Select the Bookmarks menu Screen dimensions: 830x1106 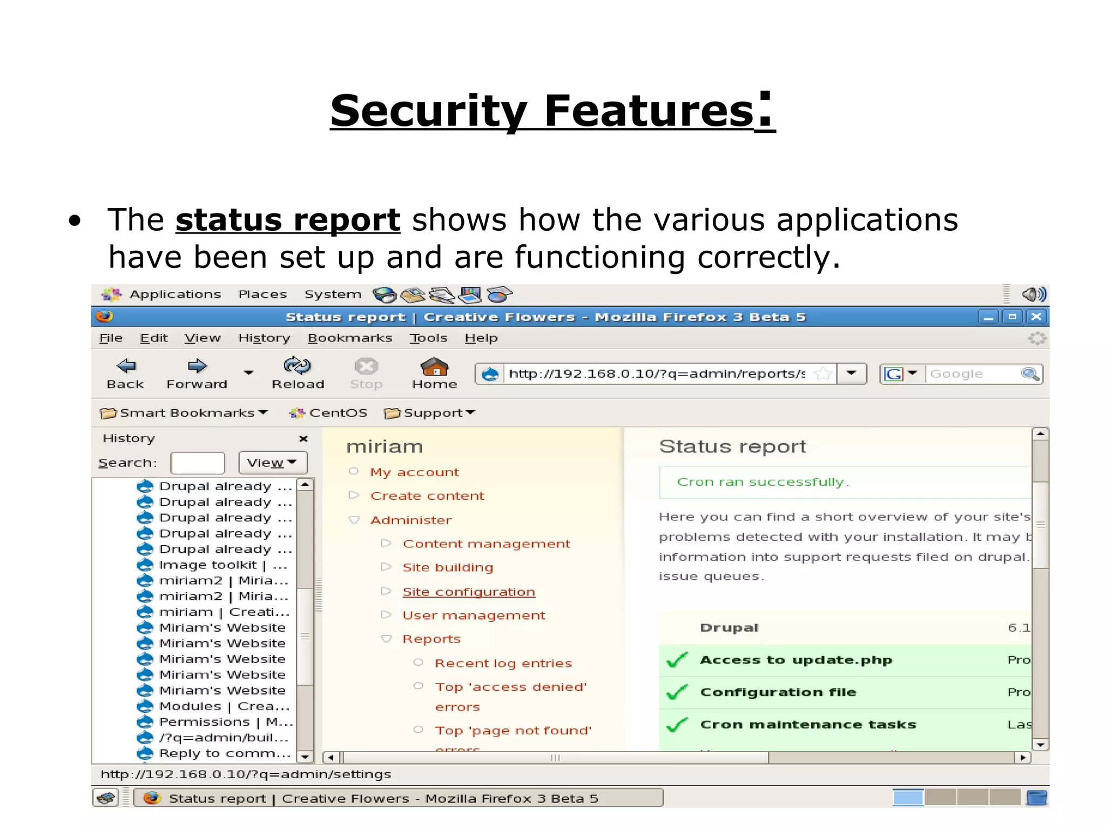click(x=349, y=338)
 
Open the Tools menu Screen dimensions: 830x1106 click(x=428, y=338)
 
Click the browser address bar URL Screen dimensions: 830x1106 click(x=656, y=374)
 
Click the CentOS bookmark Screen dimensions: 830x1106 click(x=328, y=413)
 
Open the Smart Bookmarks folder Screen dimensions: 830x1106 click(x=184, y=413)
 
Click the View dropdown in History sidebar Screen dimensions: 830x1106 click(x=272, y=463)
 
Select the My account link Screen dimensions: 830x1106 click(x=414, y=472)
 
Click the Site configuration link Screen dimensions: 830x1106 click(x=468, y=592)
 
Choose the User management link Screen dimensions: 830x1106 click(x=474, y=615)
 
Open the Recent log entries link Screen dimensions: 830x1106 click(x=503, y=664)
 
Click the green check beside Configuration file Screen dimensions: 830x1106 click(x=677, y=692)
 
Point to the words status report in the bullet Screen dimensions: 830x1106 click(x=288, y=220)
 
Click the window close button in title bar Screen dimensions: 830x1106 click(x=1036, y=317)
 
